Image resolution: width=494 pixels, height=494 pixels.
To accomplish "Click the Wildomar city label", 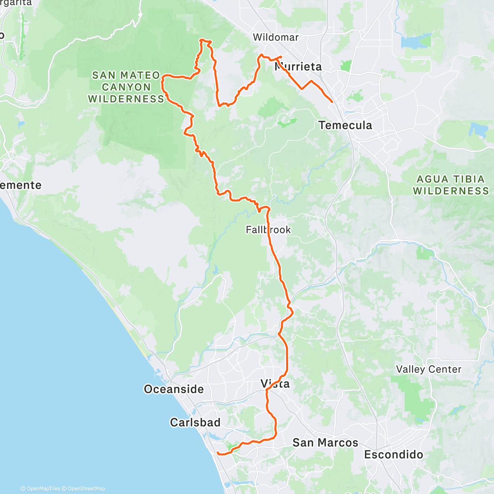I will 275,37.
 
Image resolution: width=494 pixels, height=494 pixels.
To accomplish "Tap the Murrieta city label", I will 298,67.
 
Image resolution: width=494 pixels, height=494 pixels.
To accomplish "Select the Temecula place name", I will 345,125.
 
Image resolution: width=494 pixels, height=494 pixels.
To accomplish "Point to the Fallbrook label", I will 268,230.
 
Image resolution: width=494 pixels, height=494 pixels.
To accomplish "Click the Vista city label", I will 275,384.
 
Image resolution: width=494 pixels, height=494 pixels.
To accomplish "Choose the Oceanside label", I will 174,389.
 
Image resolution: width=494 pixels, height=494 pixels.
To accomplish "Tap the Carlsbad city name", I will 195,422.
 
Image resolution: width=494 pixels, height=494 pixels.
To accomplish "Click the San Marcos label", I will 325,443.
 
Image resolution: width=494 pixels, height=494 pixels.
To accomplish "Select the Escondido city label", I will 394,454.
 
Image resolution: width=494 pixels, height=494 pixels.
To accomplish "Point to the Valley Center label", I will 429,369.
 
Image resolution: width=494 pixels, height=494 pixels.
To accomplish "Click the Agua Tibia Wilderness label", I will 451,185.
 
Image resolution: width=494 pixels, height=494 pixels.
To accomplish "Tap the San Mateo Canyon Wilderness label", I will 126,87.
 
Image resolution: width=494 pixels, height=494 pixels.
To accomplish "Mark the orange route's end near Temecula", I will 332,102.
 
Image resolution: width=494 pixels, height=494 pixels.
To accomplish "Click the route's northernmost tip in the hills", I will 202,40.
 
